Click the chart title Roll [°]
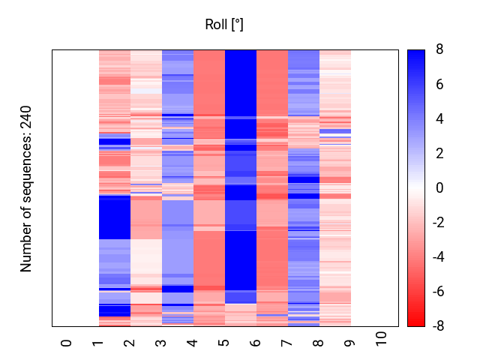(x=224, y=25)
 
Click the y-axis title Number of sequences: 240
(x=26, y=188)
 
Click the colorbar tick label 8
(x=439, y=50)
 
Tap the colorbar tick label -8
(x=436, y=326)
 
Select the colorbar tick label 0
(x=439, y=188)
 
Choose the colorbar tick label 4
(x=439, y=119)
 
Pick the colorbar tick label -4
(x=436, y=257)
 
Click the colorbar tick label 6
(x=439, y=85)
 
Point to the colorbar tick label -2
(x=436, y=223)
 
